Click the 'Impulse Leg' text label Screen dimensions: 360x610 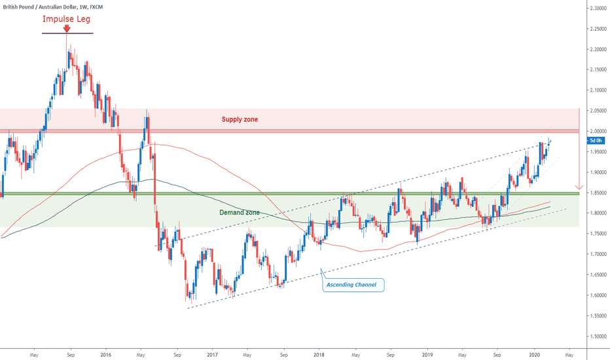point(67,19)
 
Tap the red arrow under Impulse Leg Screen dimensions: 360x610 point(67,29)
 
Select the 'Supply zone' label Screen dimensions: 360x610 point(240,119)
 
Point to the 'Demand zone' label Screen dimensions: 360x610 point(240,213)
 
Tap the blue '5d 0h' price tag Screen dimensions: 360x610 point(596,140)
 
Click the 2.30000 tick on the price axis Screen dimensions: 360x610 point(596,8)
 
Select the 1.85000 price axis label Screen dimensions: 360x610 point(596,192)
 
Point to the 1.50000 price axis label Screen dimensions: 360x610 point(596,336)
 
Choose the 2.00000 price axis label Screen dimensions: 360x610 point(596,131)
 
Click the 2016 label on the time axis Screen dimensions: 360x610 point(105,355)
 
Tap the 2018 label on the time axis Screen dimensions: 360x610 point(319,355)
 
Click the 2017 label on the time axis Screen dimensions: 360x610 point(212,355)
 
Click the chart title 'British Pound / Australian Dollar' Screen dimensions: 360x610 point(44,5)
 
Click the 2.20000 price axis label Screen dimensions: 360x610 point(596,49)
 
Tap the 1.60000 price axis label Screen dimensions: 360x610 point(596,295)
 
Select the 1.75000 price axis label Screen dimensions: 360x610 point(596,234)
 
